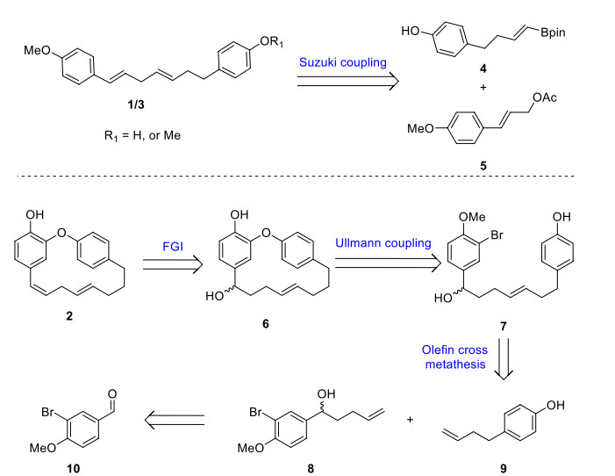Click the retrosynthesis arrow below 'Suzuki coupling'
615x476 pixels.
click(x=348, y=82)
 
